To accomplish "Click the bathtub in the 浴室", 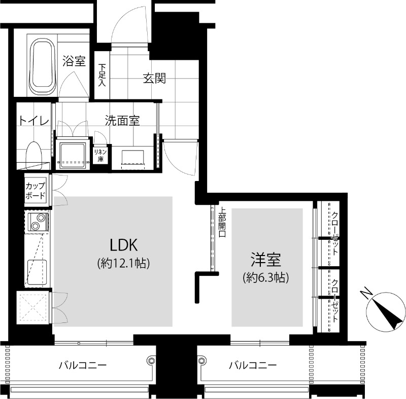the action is pos(43,67).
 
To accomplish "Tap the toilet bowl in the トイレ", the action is pos(34,156).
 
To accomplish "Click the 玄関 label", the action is pos(155,79).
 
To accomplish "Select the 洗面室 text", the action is pos(122,121).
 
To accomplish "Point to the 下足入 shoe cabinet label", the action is pos(102,75).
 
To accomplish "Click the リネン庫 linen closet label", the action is pos(100,155).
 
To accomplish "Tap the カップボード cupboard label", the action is pos(36,191).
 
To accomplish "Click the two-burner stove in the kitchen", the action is pos(38,222).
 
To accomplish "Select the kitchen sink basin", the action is pos(37,272).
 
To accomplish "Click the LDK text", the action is pos(124,245).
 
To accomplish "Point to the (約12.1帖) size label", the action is pos(123,263).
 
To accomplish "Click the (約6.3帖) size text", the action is pos(266,277).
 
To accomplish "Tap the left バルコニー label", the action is pos(83,366).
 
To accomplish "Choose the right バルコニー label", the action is pos(253,366).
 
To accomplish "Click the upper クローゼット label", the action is pos(335,233).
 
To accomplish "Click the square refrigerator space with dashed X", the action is pos(33,307).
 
